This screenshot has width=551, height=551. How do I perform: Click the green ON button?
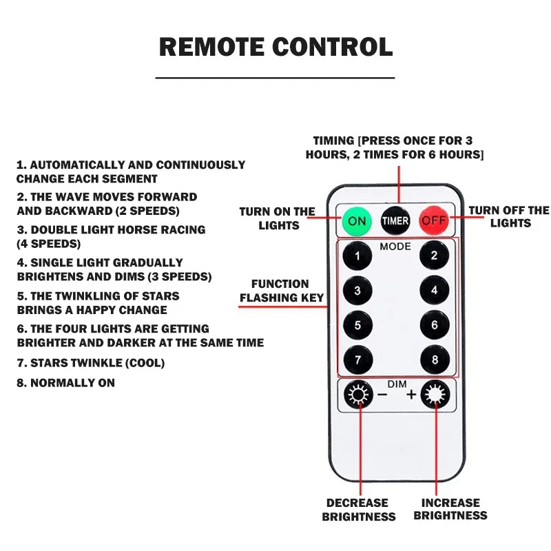(x=357, y=220)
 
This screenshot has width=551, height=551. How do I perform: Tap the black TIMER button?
(x=395, y=220)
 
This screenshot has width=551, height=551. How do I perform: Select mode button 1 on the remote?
(x=357, y=257)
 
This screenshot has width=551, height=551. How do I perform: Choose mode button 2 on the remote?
(x=434, y=256)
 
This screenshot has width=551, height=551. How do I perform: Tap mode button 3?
(x=357, y=291)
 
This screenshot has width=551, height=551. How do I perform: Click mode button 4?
(x=434, y=290)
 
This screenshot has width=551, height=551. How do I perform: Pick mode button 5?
(x=357, y=324)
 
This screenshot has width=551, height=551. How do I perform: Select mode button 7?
(x=357, y=359)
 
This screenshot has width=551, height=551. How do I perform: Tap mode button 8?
(x=434, y=359)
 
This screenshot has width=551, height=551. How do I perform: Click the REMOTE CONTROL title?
(x=275, y=47)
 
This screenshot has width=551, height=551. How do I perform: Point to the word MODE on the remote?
(x=395, y=247)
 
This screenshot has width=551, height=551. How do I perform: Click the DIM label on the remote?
(x=397, y=384)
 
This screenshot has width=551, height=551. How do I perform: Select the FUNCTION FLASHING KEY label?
(x=280, y=291)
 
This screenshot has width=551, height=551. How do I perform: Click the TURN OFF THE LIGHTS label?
(x=510, y=216)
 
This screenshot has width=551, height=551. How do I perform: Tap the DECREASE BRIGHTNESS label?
(x=358, y=510)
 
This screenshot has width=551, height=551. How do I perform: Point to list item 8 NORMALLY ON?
(x=65, y=383)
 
